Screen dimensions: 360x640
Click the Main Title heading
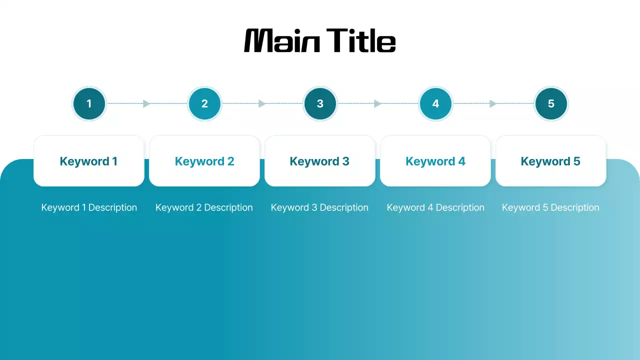click(x=320, y=40)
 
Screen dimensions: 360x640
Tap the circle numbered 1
click(x=89, y=103)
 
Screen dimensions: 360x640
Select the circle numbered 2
click(x=204, y=103)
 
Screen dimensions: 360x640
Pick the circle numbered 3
click(x=320, y=103)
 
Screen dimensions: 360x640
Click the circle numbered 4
click(x=435, y=103)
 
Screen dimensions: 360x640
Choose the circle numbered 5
click(x=551, y=103)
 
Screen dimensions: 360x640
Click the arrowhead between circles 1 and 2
click(x=146, y=103)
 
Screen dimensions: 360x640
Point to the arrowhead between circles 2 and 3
click(x=262, y=103)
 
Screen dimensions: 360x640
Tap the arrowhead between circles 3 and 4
click(x=377, y=103)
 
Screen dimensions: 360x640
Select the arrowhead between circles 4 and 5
click(x=493, y=103)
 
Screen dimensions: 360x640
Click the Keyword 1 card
click(x=89, y=161)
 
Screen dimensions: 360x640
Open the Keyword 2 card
click(x=204, y=161)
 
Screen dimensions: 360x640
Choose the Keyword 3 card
click(x=320, y=161)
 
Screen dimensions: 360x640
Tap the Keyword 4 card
click(x=435, y=161)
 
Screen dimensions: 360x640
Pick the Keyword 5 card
click(x=551, y=161)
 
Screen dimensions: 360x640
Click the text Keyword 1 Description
click(x=89, y=207)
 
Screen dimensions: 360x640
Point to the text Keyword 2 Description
click(x=204, y=207)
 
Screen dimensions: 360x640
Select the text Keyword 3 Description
click(x=320, y=207)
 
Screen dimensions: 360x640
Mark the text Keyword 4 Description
click(x=435, y=207)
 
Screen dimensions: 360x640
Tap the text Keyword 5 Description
click(x=551, y=207)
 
